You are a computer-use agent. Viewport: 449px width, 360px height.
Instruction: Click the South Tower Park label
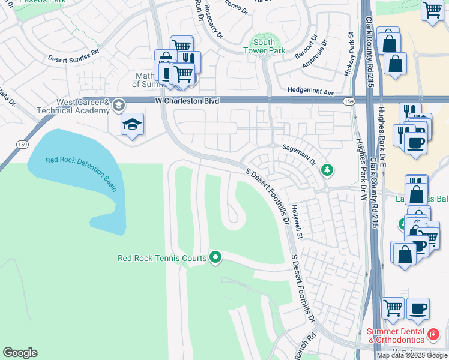click(264, 47)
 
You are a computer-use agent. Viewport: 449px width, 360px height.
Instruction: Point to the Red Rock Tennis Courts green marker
click(216, 258)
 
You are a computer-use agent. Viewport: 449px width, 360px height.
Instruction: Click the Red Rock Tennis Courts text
click(162, 259)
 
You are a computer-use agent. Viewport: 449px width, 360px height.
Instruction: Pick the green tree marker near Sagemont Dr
click(327, 170)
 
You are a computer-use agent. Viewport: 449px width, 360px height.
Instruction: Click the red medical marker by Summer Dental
click(433, 333)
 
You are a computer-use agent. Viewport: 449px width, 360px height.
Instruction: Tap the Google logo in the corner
click(20, 353)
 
